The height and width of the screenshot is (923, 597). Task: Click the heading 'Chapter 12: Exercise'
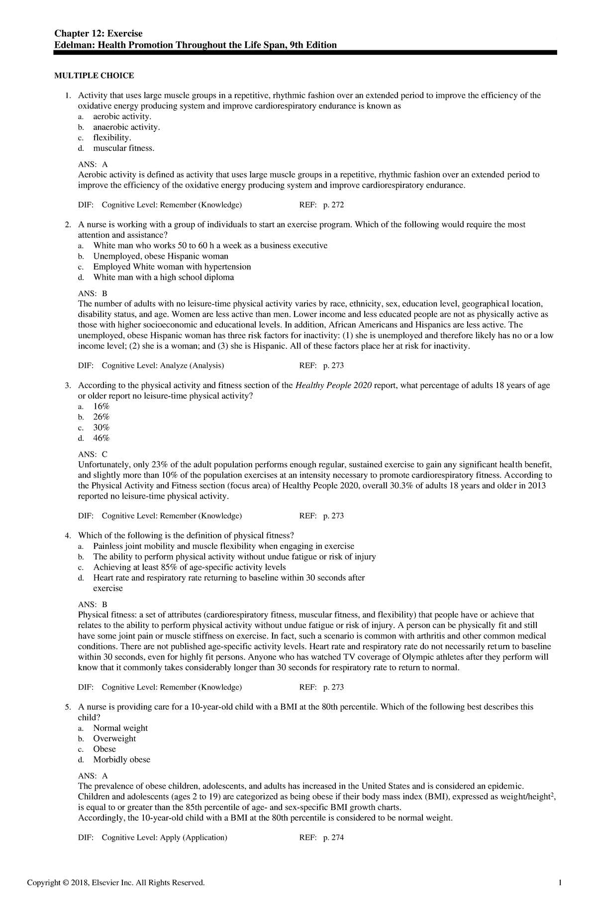(99, 33)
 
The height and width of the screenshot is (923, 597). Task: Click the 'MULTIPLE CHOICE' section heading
(94, 76)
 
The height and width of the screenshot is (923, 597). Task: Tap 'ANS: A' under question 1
(93, 164)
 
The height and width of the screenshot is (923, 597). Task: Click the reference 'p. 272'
(333, 205)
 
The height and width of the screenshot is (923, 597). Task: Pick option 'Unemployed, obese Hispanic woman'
(161, 256)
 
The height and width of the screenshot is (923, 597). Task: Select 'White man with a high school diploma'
(163, 277)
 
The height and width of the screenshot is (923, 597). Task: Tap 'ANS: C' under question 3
(93, 454)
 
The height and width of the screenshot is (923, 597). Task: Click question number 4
(68, 535)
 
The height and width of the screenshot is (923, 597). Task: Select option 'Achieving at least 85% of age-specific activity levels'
(189, 567)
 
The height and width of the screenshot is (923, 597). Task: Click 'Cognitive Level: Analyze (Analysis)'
(163, 365)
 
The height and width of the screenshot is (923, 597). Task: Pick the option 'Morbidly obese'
(121, 760)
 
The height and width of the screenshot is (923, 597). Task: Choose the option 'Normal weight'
(120, 728)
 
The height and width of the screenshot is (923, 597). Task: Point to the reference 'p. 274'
(333, 837)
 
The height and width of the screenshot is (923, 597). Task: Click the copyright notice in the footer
(115, 897)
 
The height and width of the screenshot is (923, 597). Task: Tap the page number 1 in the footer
(560, 897)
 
